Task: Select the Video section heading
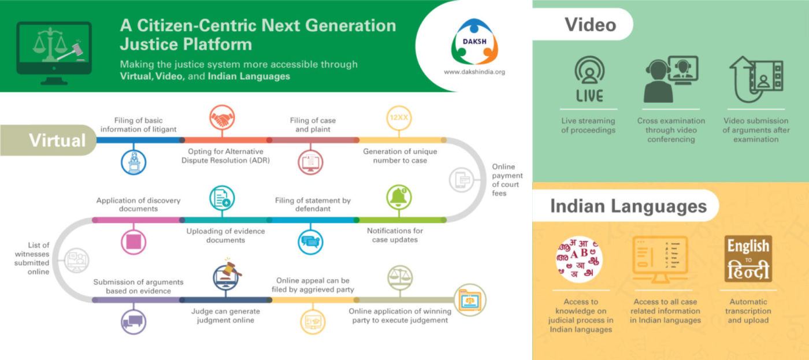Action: (x=590, y=24)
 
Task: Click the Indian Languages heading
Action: (x=628, y=206)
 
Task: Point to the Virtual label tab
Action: (x=57, y=140)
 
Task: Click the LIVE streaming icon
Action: (x=589, y=80)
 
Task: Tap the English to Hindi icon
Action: (x=748, y=259)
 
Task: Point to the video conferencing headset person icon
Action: (x=670, y=80)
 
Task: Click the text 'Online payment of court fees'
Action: (x=507, y=180)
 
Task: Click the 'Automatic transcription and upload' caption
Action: (x=748, y=311)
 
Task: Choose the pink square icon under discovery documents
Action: (x=133, y=242)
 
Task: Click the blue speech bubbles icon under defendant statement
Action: (x=310, y=242)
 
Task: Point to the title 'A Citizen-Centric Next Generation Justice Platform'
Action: (x=258, y=35)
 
